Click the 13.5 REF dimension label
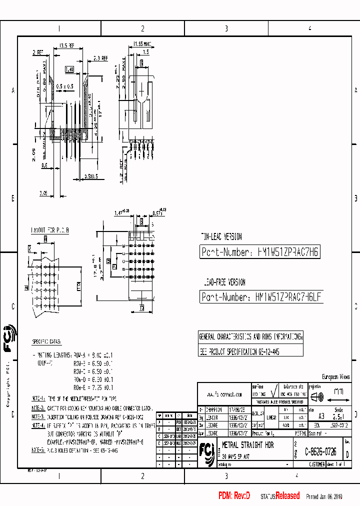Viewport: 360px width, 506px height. [67, 45]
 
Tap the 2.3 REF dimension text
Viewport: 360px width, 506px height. [100, 58]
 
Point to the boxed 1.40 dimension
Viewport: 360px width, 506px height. [69, 70]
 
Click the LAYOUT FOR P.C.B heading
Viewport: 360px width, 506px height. [50, 229]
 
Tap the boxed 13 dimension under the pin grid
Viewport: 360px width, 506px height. [141, 306]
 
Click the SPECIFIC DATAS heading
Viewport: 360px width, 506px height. [46, 341]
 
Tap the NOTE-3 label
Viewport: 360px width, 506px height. [38, 415]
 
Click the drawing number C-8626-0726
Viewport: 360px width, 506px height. [320, 451]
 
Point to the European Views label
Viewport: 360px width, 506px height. [335, 376]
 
